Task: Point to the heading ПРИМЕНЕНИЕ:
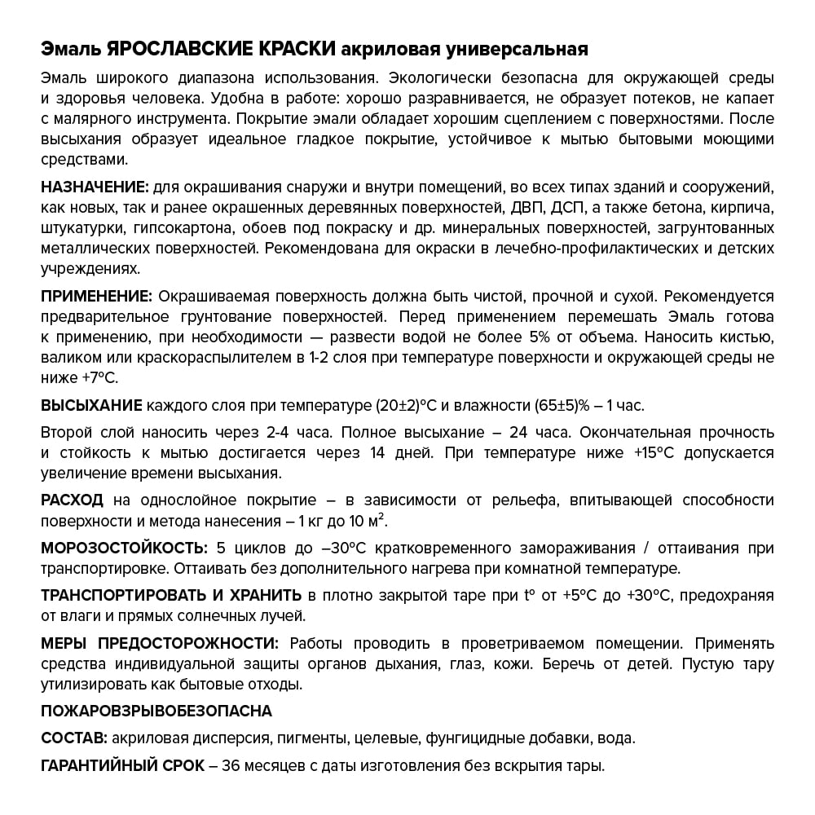(96, 296)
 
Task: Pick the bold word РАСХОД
(72, 500)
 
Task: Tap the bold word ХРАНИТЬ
(262, 594)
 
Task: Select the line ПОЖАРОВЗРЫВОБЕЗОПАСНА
(156, 711)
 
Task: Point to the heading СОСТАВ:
(73, 738)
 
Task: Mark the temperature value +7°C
(99, 377)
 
